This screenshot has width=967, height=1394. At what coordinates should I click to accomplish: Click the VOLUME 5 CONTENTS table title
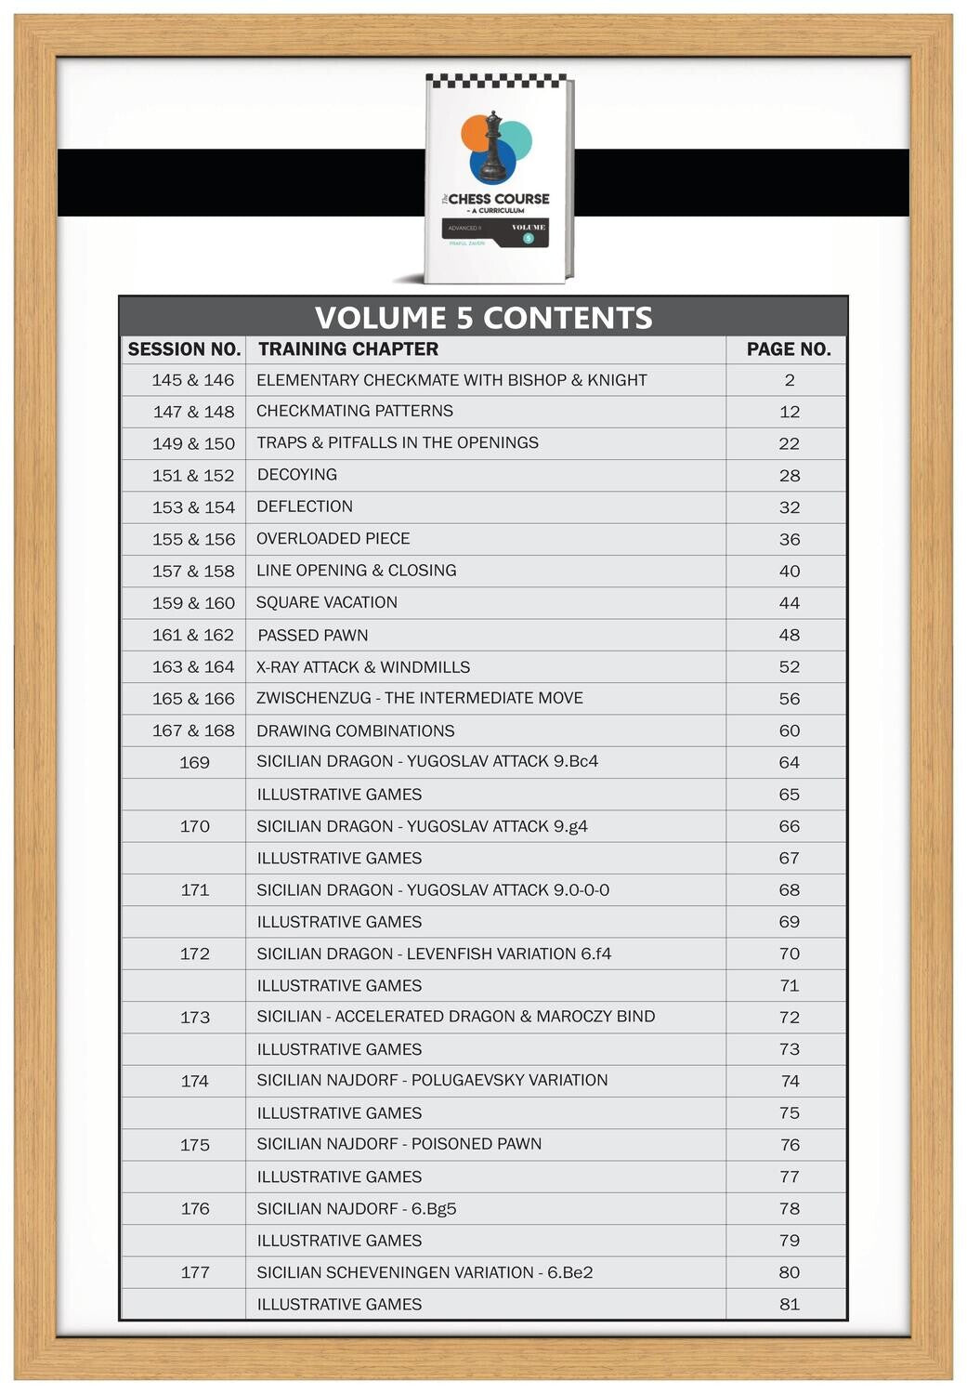(483, 318)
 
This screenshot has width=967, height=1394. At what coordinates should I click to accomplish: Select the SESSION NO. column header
(184, 349)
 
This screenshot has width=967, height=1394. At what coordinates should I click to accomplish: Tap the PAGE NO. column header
(789, 349)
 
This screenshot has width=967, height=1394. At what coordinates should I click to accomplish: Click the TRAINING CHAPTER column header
(348, 349)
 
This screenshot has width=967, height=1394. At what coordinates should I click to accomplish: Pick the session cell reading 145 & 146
(193, 380)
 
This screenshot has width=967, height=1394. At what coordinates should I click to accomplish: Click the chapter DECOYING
(297, 475)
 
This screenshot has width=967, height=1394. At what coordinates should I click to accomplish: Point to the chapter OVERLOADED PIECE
(333, 539)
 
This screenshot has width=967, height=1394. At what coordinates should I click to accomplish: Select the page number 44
(789, 603)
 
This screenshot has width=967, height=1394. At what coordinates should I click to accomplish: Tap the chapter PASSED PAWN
(313, 636)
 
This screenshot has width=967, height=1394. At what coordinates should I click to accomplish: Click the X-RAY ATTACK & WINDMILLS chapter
(363, 667)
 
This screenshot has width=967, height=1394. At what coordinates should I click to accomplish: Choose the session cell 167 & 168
(193, 731)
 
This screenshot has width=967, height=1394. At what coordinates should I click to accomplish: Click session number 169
(194, 763)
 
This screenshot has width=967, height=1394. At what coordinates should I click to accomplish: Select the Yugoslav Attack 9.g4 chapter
(422, 826)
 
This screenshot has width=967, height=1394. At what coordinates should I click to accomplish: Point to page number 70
(789, 953)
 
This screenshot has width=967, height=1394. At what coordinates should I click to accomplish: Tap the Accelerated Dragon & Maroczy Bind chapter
(455, 1017)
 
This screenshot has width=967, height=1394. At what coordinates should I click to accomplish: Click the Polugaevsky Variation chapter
(432, 1080)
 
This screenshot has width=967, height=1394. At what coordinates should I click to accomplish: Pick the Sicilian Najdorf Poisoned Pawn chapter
(399, 1144)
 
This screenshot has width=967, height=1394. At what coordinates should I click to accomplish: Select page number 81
(789, 1304)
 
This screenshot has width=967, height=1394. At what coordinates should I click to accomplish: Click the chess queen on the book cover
(493, 147)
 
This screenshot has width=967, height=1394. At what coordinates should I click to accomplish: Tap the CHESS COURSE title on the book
(499, 199)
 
